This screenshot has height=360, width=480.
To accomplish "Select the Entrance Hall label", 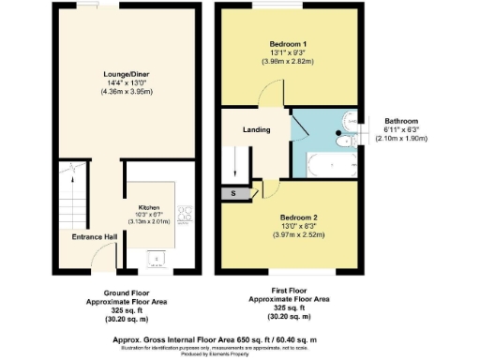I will [x=93, y=237].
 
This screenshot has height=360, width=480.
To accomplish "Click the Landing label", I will [x=256, y=130].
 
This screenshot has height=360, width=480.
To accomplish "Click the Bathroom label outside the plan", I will [x=406, y=120].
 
